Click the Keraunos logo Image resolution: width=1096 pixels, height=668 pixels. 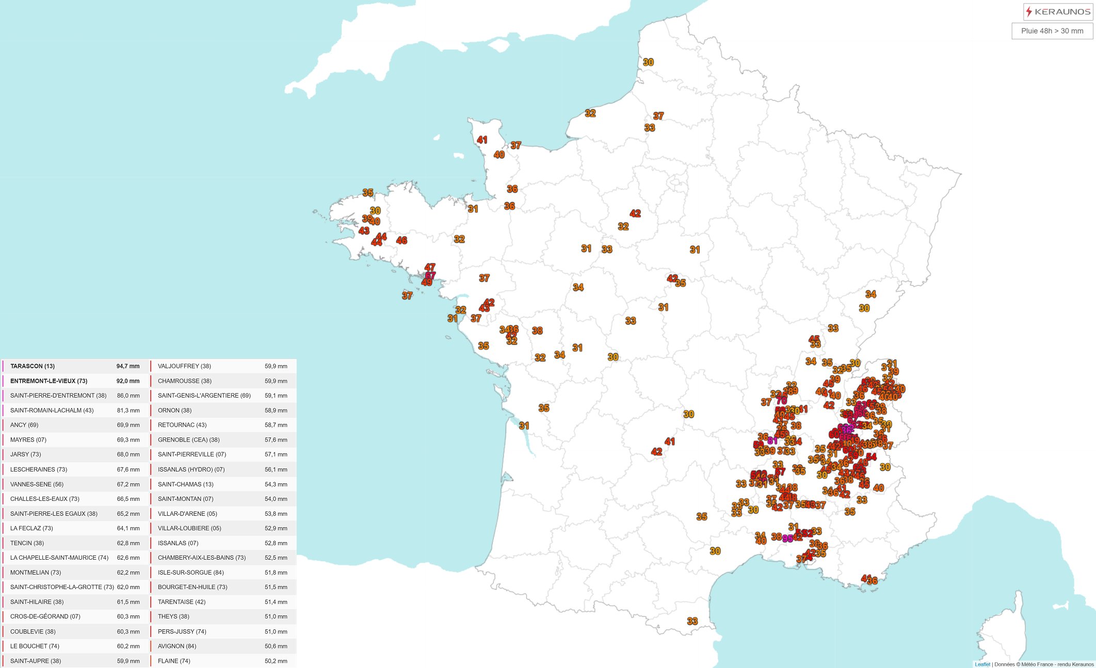pos(1058,11)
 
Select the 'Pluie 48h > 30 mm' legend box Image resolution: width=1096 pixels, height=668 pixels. pos(1052,31)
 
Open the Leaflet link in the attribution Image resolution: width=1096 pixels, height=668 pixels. pos(982,664)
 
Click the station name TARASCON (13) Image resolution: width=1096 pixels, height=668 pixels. pos(33,366)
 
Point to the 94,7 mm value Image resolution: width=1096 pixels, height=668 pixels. pos(128,366)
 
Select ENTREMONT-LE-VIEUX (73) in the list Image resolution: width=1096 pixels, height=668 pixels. pos(49,381)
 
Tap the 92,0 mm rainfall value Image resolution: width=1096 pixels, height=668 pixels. pos(128,381)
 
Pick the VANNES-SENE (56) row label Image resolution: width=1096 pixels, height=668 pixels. pos(37,484)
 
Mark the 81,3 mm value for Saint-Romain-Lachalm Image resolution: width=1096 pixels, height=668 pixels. pos(128,411)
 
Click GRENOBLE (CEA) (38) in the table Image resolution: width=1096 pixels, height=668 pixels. pos(188,440)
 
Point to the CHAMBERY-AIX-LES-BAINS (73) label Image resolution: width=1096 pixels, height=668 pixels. pos(202,558)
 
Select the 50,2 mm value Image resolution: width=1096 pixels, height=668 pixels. pos(276,661)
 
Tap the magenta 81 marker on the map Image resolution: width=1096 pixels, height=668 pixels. pos(772,441)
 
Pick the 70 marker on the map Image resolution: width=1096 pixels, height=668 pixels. pos(782,400)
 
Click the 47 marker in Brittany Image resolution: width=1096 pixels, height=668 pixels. pos(430,267)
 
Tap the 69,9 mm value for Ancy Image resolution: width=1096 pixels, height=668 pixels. pos(128,425)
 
